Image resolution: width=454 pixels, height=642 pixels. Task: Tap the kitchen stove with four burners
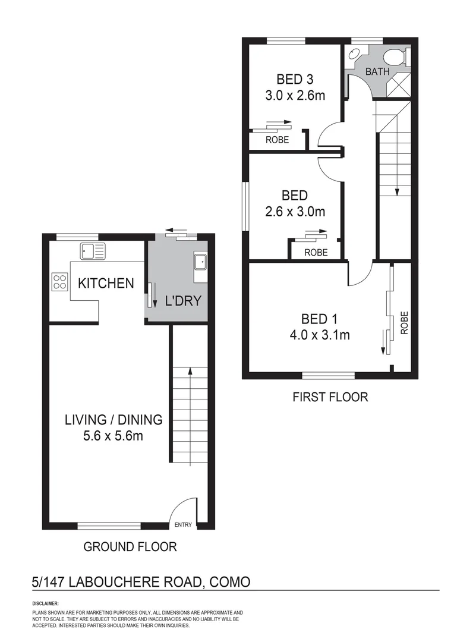coord(59,281)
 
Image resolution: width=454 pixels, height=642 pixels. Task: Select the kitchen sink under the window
coord(93,251)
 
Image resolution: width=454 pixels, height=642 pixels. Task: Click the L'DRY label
coord(183,301)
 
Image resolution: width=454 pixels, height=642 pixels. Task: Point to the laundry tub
coord(200,261)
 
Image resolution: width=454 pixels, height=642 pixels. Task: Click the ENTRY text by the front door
coord(184,524)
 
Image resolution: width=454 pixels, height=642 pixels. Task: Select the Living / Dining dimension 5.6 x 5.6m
coord(113,436)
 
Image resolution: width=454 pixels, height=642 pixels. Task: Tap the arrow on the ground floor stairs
coord(190,372)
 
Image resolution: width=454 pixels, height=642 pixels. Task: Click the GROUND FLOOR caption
coord(130,546)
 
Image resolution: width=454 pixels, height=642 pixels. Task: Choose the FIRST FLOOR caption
coord(330,396)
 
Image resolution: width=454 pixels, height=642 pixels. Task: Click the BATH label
coord(377,72)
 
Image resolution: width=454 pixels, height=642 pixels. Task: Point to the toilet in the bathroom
coord(394,57)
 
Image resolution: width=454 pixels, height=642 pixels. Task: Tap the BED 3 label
coord(295,79)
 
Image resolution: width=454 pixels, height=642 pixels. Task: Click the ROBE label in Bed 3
coord(277,140)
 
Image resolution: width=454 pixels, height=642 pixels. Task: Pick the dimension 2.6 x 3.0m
coord(295,211)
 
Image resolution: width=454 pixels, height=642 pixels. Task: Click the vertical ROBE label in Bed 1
coord(405,322)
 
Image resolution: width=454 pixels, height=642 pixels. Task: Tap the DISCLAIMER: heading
coord(46,603)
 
